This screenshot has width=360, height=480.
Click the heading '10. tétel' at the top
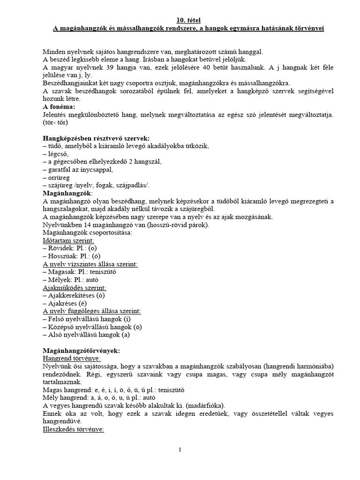[187, 20]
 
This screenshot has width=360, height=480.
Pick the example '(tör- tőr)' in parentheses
[55, 123]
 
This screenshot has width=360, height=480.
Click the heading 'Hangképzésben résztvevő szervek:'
[96, 138]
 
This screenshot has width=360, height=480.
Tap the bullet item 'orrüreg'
[57, 178]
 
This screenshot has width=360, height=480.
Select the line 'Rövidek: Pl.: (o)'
[70, 249]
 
